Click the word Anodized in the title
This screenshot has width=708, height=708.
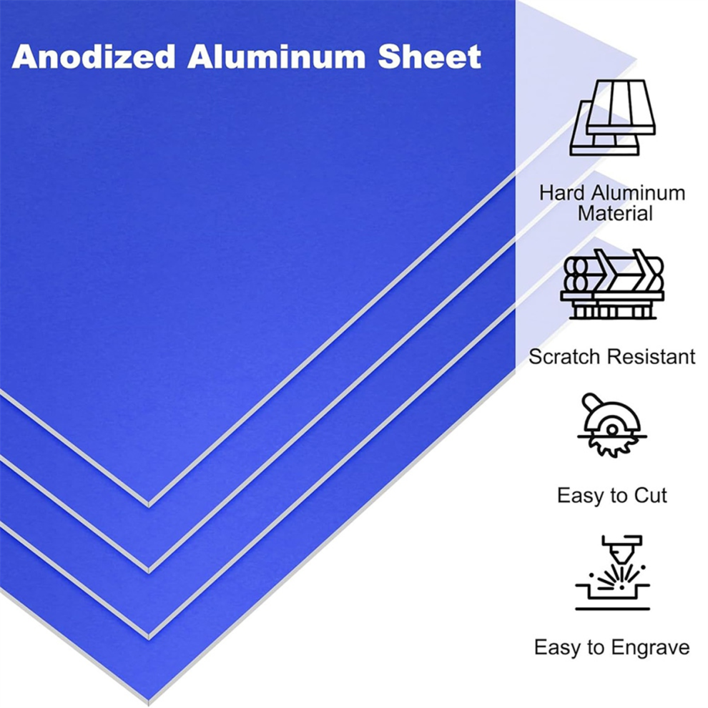point(94,57)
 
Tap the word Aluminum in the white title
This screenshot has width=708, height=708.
point(276,57)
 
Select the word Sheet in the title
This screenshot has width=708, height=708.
point(429,57)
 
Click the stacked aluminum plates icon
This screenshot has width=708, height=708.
point(612,118)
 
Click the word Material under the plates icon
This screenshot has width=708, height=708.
point(615,214)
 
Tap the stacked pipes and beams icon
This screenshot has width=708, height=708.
point(612,284)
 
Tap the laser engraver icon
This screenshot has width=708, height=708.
point(612,573)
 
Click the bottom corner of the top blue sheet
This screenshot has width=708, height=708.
point(149,506)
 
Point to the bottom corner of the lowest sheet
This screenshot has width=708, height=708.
point(149,702)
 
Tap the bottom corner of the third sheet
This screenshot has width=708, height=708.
point(149,637)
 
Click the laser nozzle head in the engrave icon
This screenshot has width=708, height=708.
point(619,548)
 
